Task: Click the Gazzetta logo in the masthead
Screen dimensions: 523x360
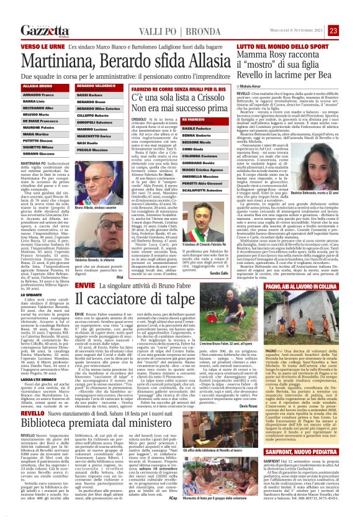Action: tap(44, 30)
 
